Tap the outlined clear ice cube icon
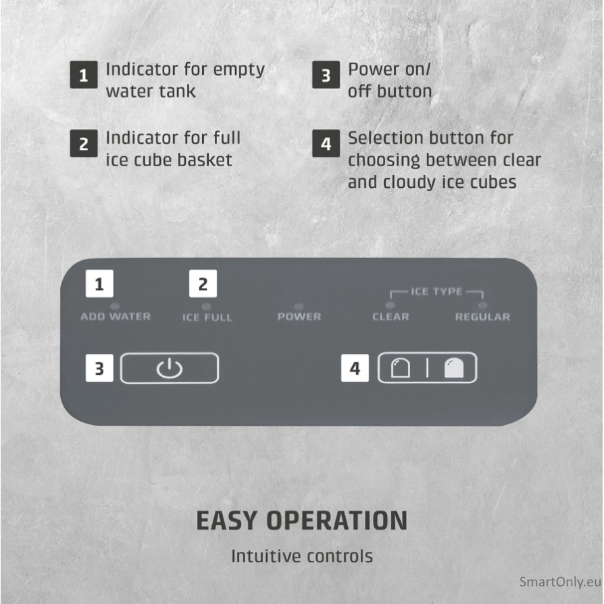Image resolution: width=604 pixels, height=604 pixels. pos(400,368)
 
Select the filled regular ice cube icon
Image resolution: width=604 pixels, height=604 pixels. pos(454,368)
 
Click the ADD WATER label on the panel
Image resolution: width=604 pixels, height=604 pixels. pos(116,317)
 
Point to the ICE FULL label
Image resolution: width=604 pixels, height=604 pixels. pos(207,318)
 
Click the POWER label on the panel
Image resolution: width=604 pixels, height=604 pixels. pos(299,317)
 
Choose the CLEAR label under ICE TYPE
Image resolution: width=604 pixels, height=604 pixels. pos(391,317)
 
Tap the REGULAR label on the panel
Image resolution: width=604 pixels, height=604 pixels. pos(482,317)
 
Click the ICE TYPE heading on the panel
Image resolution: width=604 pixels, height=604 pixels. pos(436,292)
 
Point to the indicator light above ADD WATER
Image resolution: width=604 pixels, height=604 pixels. pos(115,306)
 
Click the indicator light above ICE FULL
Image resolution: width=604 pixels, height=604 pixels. pos(207,306)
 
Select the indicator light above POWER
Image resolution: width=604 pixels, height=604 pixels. pos(299,306)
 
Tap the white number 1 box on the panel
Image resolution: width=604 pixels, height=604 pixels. pos(99,284)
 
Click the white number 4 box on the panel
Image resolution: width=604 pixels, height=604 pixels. pos(355,368)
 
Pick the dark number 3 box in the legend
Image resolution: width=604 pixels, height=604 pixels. pos(326,75)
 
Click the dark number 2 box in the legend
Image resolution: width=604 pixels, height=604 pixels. pos(84,143)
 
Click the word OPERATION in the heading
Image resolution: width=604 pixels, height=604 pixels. pos(337,521)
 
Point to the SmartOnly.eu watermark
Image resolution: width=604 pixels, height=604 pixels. pos(561,582)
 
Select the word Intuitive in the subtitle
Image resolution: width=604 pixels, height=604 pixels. pos(266,556)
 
